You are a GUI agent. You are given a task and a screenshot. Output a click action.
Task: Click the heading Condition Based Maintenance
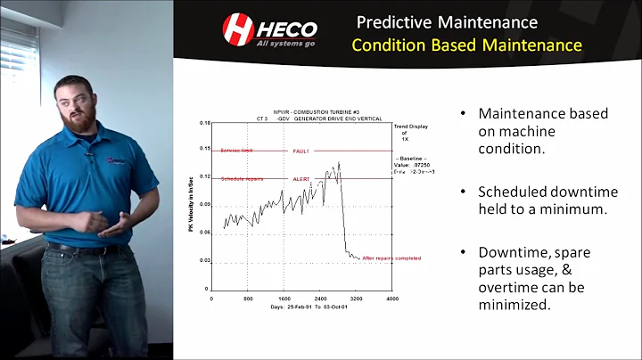tap(467, 45)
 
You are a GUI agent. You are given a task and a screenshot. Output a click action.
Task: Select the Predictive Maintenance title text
tap(447, 21)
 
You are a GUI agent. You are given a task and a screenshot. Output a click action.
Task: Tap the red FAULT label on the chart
tap(300, 151)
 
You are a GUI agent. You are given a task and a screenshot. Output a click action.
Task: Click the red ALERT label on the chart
tap(300, 179)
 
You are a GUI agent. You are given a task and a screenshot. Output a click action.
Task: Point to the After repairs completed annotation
tap(391, 258)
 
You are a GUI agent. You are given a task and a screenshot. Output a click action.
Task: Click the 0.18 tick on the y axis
tap(203, 123)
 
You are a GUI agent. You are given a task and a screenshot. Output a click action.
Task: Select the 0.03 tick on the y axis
tap(203, 261)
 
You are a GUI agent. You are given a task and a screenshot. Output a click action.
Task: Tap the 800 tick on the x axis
tap(249, 299)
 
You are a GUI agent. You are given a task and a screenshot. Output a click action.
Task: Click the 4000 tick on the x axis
tap(392, 299)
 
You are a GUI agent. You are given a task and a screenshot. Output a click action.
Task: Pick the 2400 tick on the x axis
tap(321, 299)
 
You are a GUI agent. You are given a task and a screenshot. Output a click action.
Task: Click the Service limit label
tap(237, 151)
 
